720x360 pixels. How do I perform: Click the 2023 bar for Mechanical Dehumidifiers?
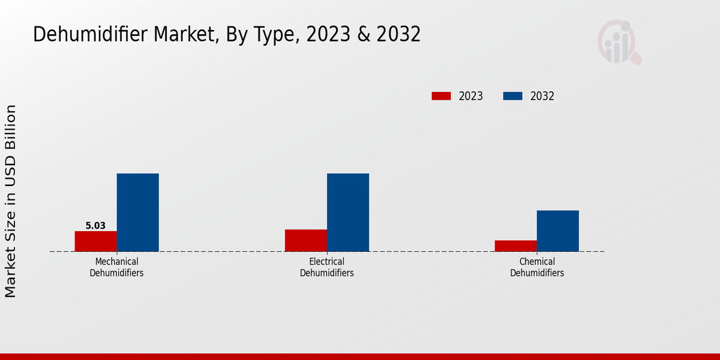[95, 241]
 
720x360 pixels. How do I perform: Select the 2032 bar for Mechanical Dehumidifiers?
[137, 212]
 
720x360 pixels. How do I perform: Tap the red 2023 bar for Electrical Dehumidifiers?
[306, 240]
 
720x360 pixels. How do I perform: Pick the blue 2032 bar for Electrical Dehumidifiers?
[348, 212]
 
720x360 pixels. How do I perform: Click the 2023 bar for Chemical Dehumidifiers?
[516, 246]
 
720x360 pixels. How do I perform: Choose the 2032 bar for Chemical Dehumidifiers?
[558, 231]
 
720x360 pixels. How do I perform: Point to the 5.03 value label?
[95, 226]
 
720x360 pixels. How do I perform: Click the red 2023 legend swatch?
[441, 96]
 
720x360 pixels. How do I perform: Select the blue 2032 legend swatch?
[512, 96]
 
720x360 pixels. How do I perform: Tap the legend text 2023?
[471, 96]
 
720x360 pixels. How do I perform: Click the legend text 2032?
[542, 96]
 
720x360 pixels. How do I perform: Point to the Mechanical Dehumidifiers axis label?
[116, 267]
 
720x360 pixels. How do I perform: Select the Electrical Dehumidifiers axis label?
[327, 267]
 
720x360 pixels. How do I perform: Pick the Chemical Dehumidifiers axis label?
[537, 267]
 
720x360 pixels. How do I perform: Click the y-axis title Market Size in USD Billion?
[11, 201]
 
